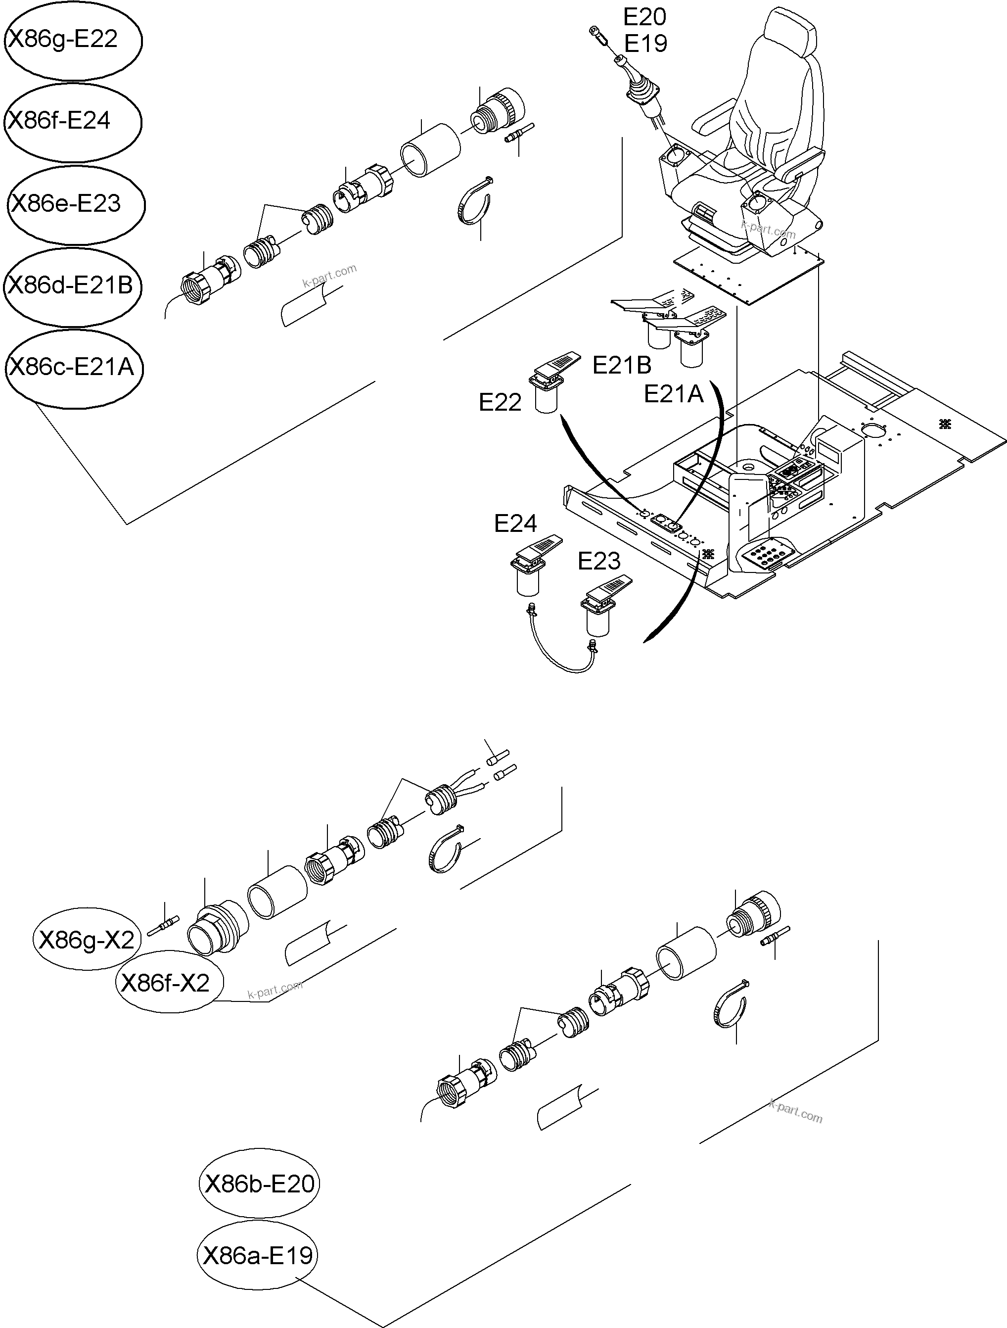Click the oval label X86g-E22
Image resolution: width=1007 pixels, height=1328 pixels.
tap(72, 40)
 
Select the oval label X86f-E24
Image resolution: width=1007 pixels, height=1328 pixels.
tap(72, 121)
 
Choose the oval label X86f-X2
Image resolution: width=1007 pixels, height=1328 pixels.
tap(169, 983)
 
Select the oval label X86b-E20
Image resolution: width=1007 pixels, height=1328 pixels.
tap(259, 1184)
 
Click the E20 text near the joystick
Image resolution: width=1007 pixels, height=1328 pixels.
tap(644, 17)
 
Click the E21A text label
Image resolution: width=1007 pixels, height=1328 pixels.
tap(673, 394)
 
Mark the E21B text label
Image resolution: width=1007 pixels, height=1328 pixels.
tap(622, 365)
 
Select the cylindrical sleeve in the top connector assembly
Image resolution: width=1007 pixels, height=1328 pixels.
tap(431, 149)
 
